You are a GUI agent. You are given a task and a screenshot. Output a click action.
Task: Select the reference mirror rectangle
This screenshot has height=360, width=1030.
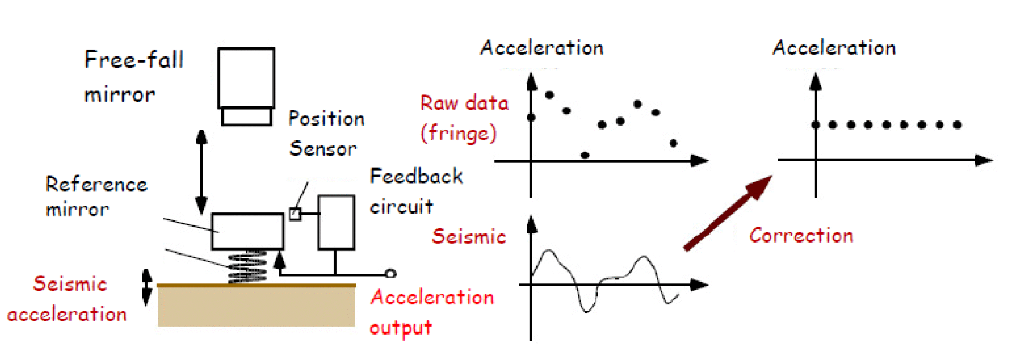tap(247, 231)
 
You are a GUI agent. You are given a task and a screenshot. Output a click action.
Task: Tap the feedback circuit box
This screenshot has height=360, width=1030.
tap(336, 222)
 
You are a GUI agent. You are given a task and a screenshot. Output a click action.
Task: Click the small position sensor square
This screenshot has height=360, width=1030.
tap(295, 214)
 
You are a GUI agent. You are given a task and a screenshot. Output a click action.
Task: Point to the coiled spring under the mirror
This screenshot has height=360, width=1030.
tap(247, 267)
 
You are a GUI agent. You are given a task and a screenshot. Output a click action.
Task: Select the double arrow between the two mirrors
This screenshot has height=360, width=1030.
tap(201, 172)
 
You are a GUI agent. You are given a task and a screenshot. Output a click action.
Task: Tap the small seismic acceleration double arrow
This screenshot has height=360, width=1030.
tap(147, 287)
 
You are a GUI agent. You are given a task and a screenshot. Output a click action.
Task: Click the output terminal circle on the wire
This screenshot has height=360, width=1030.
tap(390, 273)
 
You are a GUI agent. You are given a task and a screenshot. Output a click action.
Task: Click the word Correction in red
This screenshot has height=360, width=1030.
tap(801, 235)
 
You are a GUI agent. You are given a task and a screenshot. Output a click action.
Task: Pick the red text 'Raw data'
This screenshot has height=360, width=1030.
tap(464, 103)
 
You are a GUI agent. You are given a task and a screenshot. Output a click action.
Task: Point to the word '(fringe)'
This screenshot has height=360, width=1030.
tap(458, 133)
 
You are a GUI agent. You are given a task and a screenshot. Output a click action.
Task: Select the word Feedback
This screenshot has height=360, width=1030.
tap(416, 177)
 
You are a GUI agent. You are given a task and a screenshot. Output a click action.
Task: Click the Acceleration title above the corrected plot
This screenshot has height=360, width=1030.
tap(834, 48)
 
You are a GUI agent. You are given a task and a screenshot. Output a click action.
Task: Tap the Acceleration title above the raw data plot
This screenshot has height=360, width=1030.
tap(542, 48)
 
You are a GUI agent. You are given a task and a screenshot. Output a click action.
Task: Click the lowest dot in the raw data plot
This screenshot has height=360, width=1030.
tap(585, 155)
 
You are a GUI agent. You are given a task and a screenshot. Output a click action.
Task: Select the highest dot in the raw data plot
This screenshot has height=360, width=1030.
tap(550, 95)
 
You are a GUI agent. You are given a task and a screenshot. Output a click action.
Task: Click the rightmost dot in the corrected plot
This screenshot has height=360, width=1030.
tap(957, 125)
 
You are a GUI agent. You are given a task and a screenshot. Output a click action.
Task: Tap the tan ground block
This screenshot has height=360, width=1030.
tap(256, 306)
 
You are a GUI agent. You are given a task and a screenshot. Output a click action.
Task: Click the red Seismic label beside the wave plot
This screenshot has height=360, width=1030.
tap(468, 236)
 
